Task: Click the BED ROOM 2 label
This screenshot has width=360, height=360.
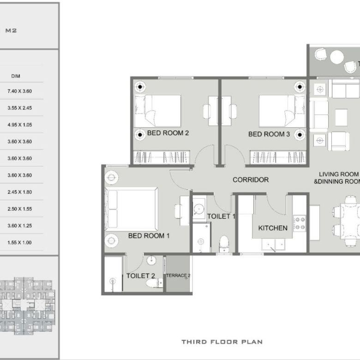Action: pyautogui.click(x=168, y=133)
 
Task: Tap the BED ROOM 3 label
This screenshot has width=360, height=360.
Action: pyautogui.click(x=269, y=134)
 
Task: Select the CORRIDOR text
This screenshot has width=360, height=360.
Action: pyautogui.click(x=251, y=180)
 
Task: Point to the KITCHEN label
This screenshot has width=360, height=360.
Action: pyautogui.click(x=273, y=228)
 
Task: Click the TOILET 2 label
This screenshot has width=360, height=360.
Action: pyautogui.click(x=140, y=276)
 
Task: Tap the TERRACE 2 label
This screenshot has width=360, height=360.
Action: pyautogui.click(x=178, y=276)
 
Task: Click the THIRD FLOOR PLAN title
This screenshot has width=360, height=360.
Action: pyautogui.click(x=222, y=342)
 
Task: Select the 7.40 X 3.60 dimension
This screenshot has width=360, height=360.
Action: pyautogui.click(x=19, y=91)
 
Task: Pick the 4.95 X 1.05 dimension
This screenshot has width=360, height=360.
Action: pyautogui.click(x=19, y=125)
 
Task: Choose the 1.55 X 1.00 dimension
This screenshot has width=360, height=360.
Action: pyautogui.click(x=19, y=243)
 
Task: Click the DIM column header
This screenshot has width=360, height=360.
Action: pyautogui.click(x=16, y=76)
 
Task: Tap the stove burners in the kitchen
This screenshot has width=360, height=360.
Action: pyautogui.click(x=300, y=223)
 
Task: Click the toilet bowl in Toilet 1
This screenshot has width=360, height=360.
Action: pyautogui.click(x=224, y=244)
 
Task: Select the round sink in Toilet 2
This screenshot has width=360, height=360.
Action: pyautogui.click(x=151, y=260)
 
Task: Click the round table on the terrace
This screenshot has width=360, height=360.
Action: pyautogui.click(x=337, y=57)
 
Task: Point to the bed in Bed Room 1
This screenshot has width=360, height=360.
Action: pyautogui.click(x=131, y=209)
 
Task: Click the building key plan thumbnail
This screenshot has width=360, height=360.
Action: pyautogui.click(x=27, y=306)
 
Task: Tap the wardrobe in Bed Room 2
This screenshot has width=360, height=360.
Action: pyautogui.click(x=162, y=157)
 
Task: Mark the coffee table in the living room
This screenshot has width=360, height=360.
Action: pyautogui.click(x=341, y=118)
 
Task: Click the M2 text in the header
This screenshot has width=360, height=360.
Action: pyautogui.click(x=11, y=30)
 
